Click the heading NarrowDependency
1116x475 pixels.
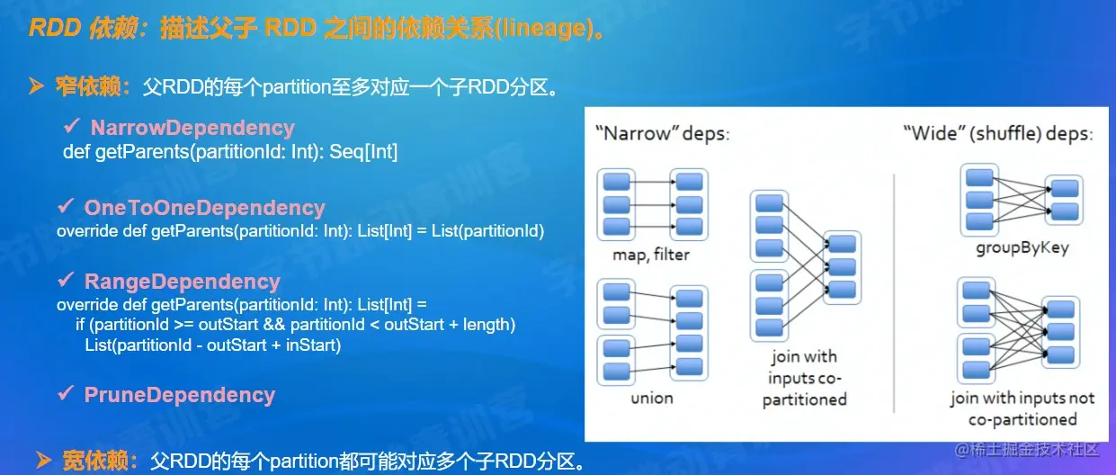coord(192,128)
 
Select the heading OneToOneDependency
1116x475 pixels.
coord(204,208)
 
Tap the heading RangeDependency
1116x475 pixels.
coord(182,282)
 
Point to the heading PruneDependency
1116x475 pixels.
coord(179,395)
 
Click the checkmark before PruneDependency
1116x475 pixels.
coord(65,394)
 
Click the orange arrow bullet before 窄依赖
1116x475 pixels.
coord(37,87)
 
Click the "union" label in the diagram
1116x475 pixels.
coord(651,398)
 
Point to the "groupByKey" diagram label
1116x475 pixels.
coord(1021,247)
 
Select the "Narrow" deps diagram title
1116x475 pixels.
coord(662,134)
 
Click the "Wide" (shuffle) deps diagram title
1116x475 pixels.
coord(997,134)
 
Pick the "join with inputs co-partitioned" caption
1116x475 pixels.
coord(804,378)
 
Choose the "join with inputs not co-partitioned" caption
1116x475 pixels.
coord(1022,408)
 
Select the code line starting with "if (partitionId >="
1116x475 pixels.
coord(295,324)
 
